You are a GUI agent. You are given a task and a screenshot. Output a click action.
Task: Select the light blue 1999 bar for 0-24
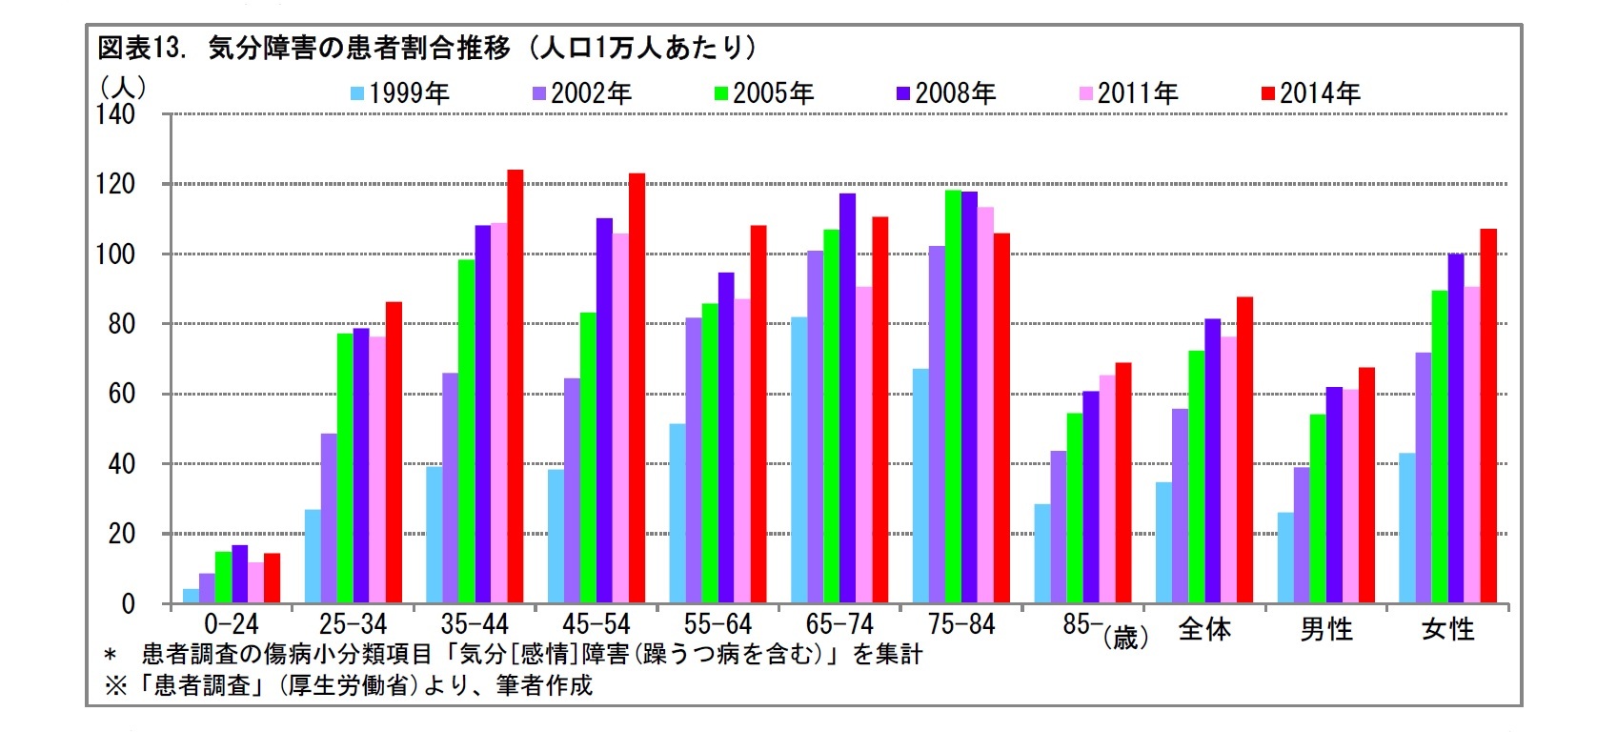point(191,596)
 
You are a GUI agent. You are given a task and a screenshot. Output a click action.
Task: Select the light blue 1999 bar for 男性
point(1285,558)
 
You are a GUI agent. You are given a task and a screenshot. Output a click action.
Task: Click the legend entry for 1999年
point(400,93)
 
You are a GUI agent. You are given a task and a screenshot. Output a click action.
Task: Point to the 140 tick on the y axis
point(116,114)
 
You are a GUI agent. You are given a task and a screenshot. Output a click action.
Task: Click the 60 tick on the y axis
point(122,394)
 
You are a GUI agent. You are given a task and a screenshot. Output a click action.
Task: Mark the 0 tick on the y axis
point(128,603)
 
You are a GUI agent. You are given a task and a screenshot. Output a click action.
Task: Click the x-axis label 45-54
point(596,624)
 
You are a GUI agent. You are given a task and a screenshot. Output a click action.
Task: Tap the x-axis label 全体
point(1204,629)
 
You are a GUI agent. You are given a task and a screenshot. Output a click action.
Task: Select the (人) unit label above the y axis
point(123,87)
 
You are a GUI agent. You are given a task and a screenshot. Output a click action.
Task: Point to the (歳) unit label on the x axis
point(1125,637)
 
